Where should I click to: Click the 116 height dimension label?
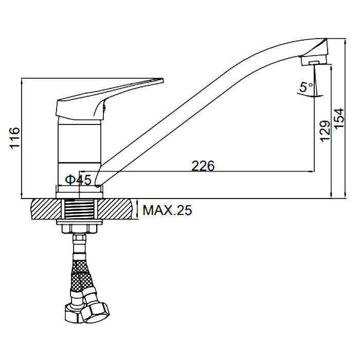pyautogui.click(x=15, y=137)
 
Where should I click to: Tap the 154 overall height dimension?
pyautogui.click(x=339, y=119)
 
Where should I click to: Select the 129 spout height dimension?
pyautogui.click(x=325, y=131)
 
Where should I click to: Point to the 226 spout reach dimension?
pyautogui.click(x=203, y=166)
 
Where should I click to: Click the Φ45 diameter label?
pyautogui.click(x=78, y=179)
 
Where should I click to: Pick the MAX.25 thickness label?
pyautogui.click(x=167, y=210)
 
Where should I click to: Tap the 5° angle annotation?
pyautogui.click(x=306, y=87)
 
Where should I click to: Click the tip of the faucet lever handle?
pyautogui.click(x=163, y=80)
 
